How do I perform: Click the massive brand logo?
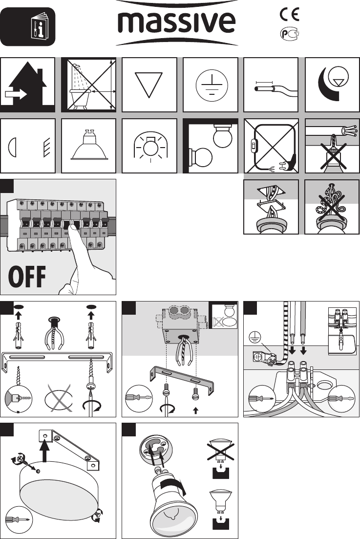click(176, 22)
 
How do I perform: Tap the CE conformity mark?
click(289, 15)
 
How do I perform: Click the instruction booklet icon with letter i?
click(40, 26)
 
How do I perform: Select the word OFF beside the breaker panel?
click(27, 277)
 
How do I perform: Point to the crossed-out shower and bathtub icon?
click(88, 85)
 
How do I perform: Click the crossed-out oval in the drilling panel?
click(59, 398)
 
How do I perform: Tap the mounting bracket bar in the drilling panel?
click(57, 361)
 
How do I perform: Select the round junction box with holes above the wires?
click(180, 324)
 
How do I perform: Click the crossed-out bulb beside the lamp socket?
click(220, 450)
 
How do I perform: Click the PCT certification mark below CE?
click(290, 34)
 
